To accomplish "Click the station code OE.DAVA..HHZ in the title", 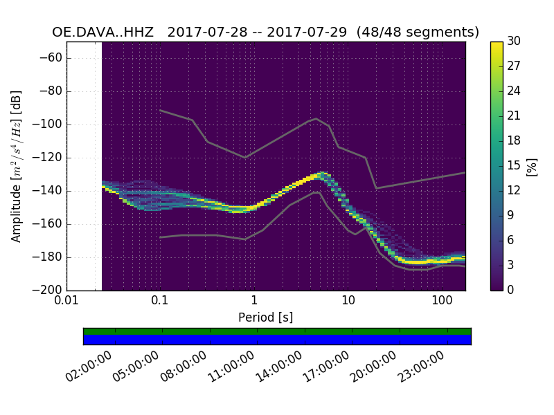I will (105, 33).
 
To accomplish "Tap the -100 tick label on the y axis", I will (47, 124).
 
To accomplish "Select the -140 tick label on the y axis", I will (47, 191).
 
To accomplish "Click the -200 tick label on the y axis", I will (47, 290).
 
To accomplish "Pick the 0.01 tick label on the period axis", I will (66, 302).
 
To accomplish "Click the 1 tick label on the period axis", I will (254, 302).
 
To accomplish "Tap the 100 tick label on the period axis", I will (442, 302).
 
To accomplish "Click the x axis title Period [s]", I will (266, 317).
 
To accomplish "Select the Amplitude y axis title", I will (17, 166).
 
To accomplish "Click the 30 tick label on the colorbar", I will (514, 41).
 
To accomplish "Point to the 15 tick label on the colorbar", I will (514, 166).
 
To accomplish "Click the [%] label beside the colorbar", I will (532, 166).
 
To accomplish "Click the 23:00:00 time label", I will (422, 367).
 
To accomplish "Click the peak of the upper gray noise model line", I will (316, 118).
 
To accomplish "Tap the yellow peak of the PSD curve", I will (321, 174).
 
